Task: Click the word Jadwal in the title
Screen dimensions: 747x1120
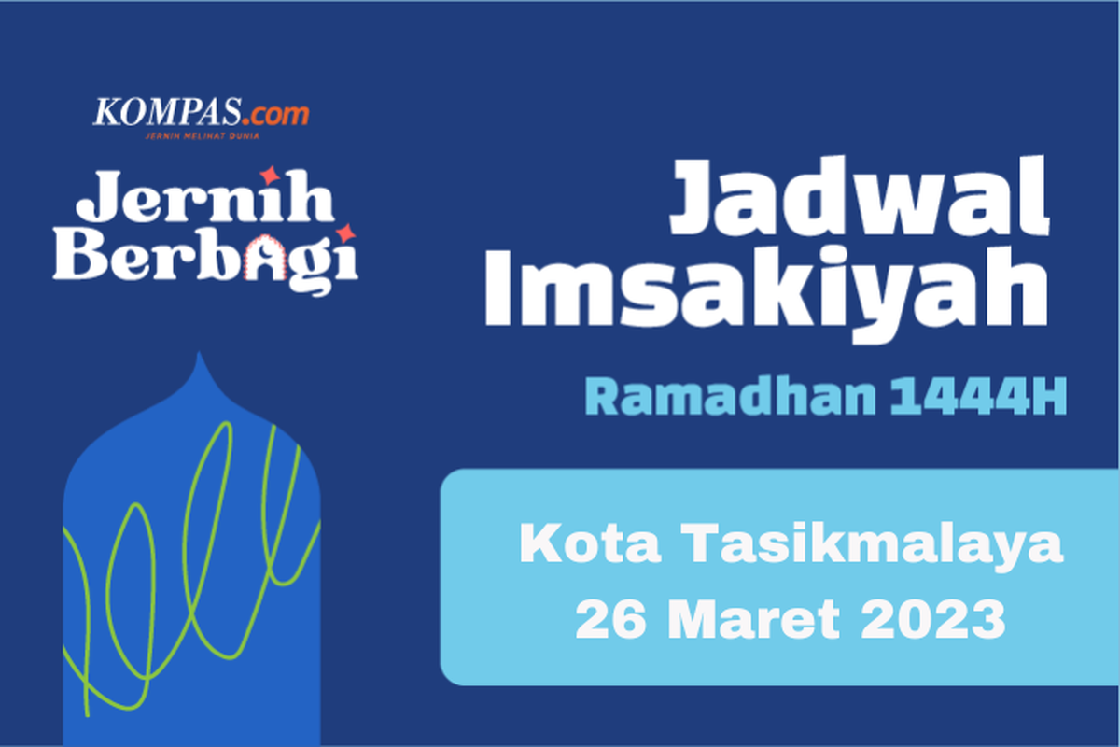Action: pyautogui.click(x=859, y=202)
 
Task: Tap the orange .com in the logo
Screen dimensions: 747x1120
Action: pyautogui.click(x=278, y=115)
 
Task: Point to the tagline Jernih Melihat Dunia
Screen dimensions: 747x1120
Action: pyautogui.click(x=201, y=135)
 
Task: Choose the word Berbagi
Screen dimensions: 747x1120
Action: pyautogui.click(x=205, y=257)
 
